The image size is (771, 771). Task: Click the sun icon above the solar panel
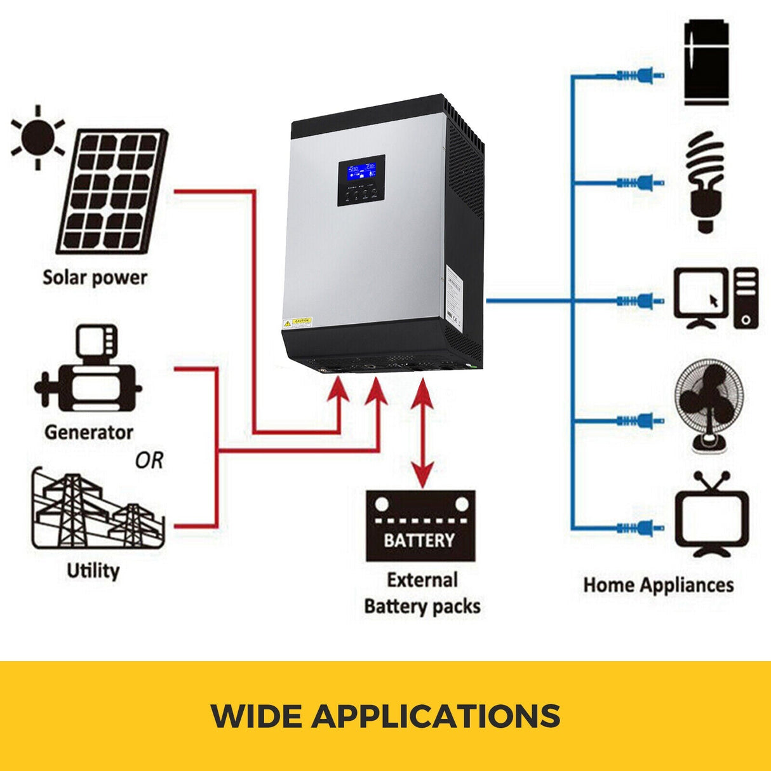click(x=38, y=138)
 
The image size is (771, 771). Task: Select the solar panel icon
click(x=113, y=192)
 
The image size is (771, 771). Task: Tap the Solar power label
click(x=95, y=278)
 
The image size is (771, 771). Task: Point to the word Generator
click(x=89, y=432)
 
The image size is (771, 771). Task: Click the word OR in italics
click(x=149, y=460)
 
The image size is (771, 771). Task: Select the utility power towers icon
click(x=97, y=511)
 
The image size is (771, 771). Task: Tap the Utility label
click(x=93, y=570)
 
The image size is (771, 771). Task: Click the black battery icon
click(x=420, y=526)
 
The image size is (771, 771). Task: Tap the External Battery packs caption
click(x=422, y=593)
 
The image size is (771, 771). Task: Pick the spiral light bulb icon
click(x=706, y=181)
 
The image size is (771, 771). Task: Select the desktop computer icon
click(x=715, y=298)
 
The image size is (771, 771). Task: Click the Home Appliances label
click(x=658, y=585)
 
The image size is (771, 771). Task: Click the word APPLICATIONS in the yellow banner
click(x=436, y=716)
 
